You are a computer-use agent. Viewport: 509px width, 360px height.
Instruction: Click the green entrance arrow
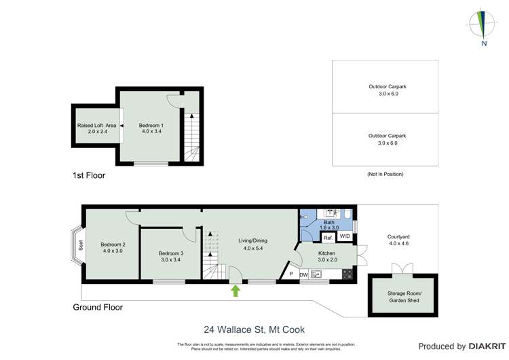point(235,291)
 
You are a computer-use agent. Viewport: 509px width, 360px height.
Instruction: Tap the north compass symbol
point(483,25)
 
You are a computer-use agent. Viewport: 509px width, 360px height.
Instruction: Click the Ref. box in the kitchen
point(327,238)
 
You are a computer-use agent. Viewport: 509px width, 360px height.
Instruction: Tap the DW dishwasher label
point(304,274)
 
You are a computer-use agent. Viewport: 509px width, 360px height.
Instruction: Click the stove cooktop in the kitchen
point(347,274)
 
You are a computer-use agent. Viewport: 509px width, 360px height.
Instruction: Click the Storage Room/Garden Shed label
point(404,296)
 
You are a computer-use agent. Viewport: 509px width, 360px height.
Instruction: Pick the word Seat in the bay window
point(79,244)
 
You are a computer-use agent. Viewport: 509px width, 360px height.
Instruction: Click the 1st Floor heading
point(89,175)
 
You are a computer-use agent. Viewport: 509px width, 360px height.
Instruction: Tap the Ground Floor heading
point(98,307)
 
